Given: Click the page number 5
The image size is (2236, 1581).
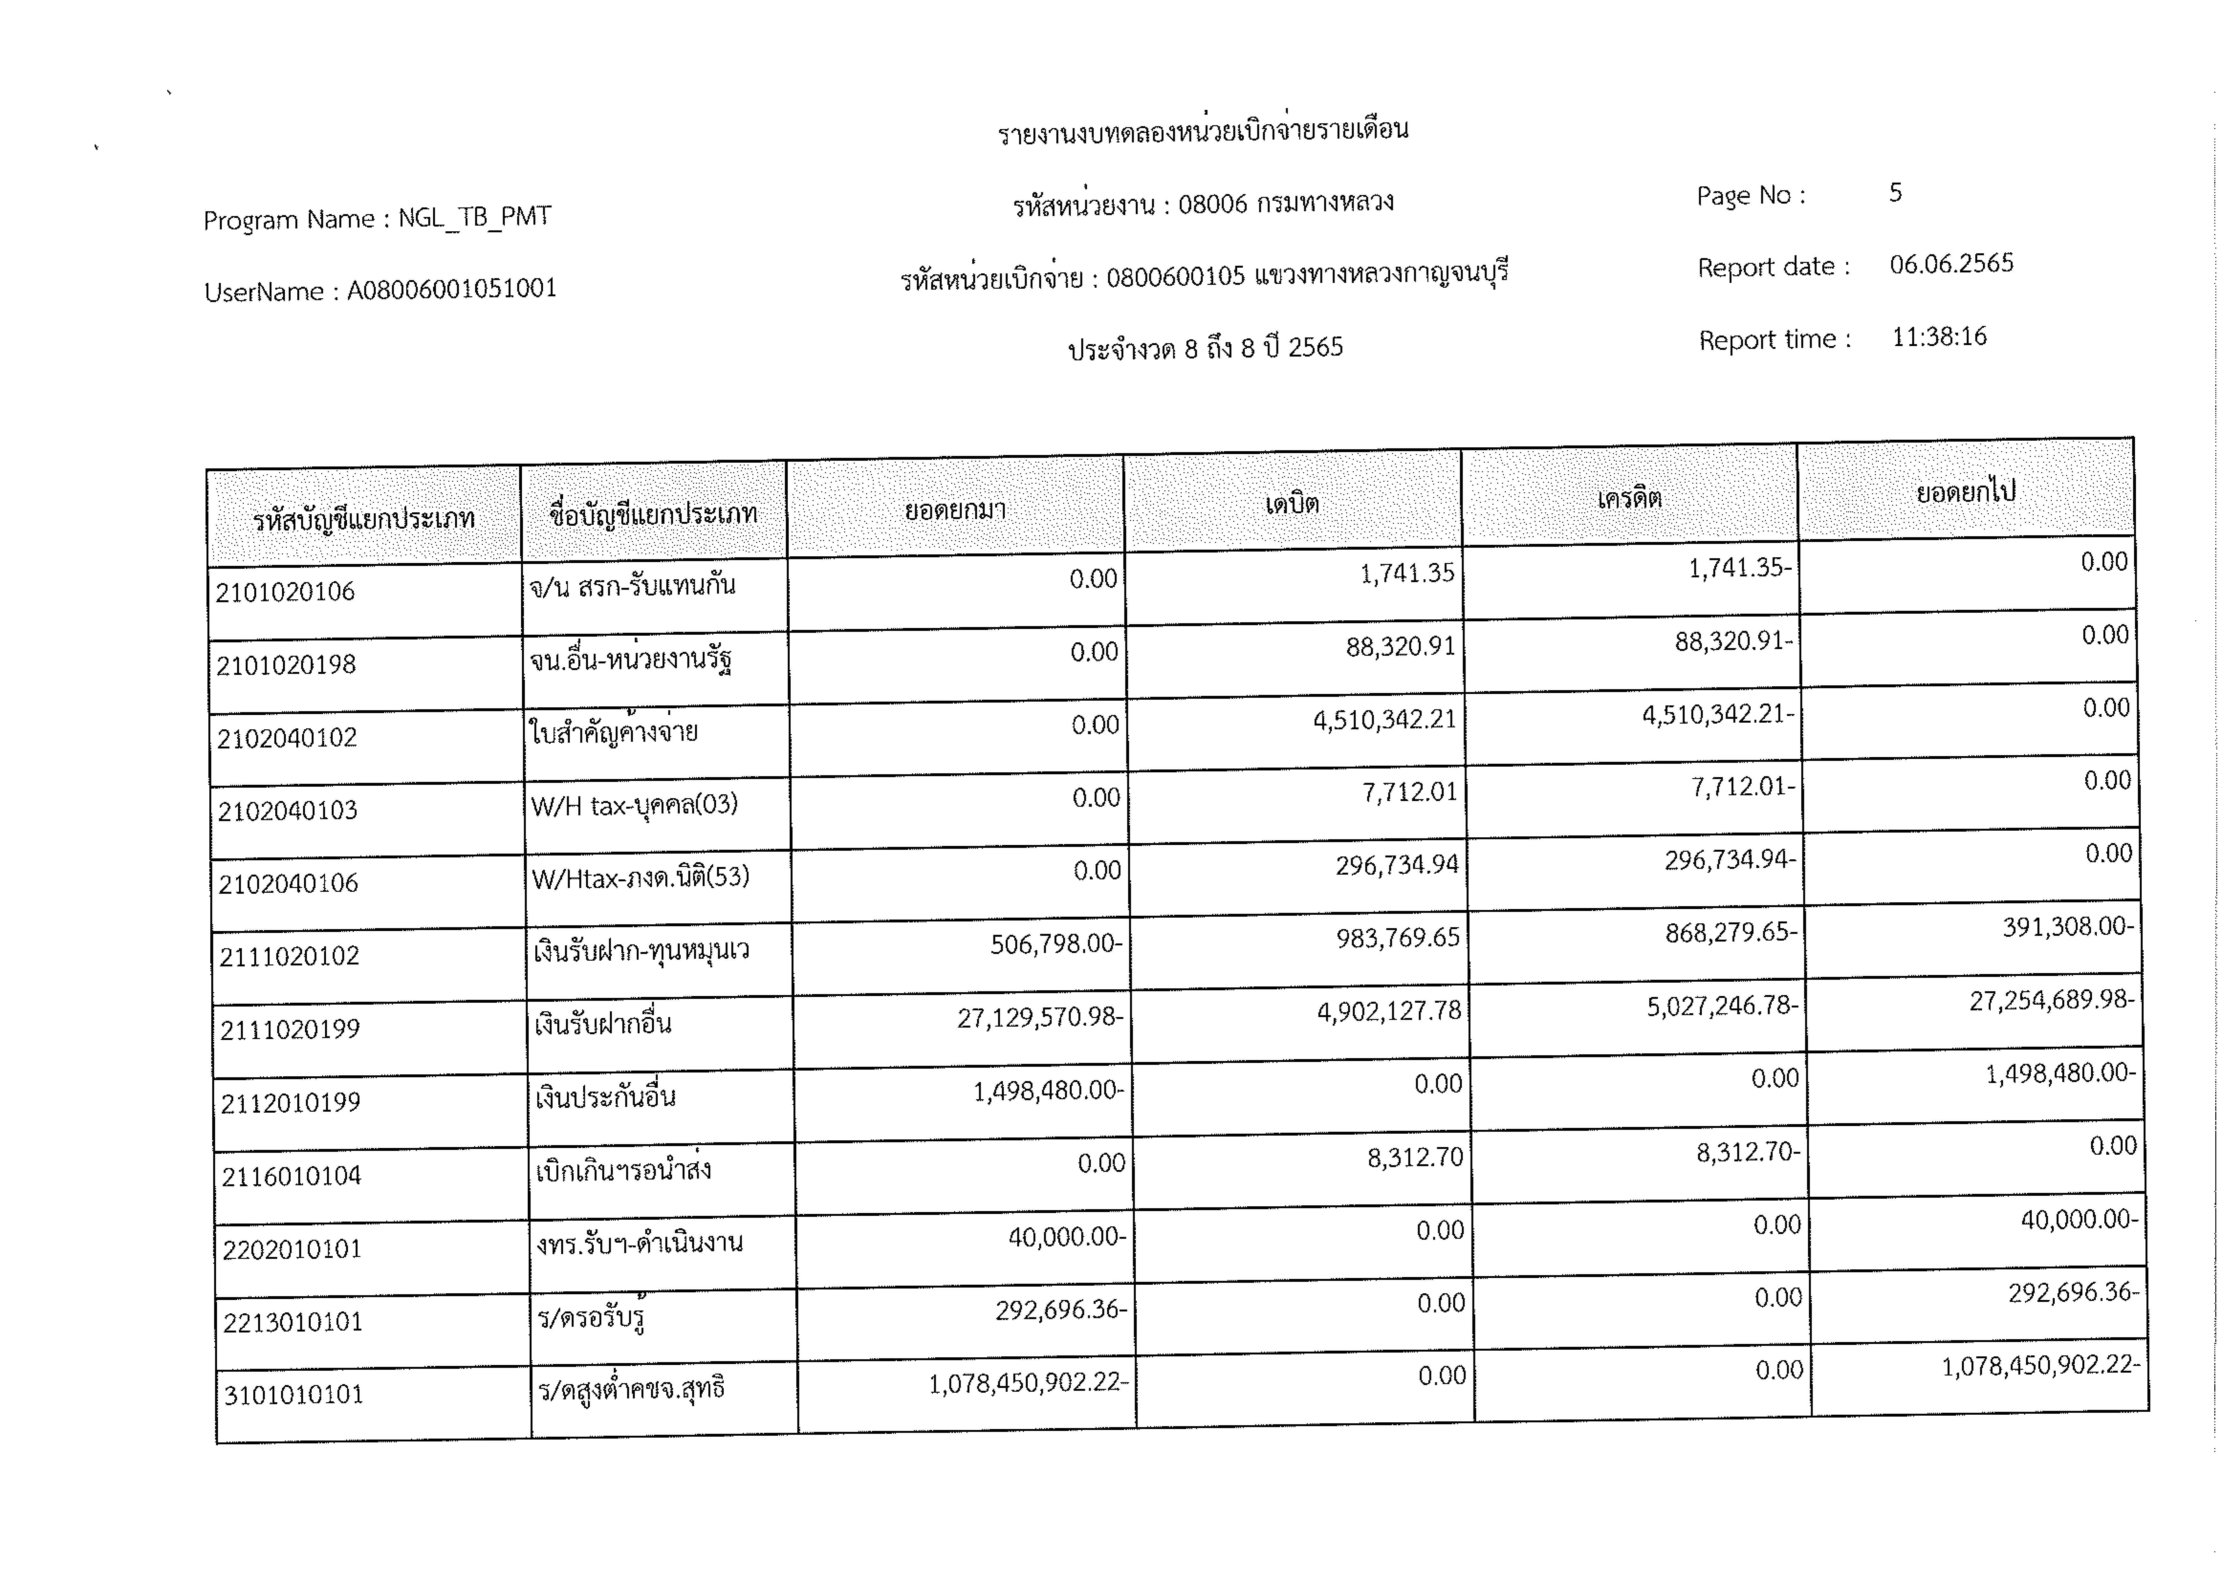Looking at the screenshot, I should click(1895, 193).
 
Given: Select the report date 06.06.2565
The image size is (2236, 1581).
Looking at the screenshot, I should click(1951, 264).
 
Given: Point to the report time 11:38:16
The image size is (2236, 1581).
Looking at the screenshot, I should click(1938, 337).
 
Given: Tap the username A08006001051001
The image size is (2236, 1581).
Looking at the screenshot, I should click(452, 289).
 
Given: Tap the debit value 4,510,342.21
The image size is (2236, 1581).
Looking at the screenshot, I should click(1384, 719).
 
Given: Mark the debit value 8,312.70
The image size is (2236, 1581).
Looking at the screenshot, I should click(1415, 1158).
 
